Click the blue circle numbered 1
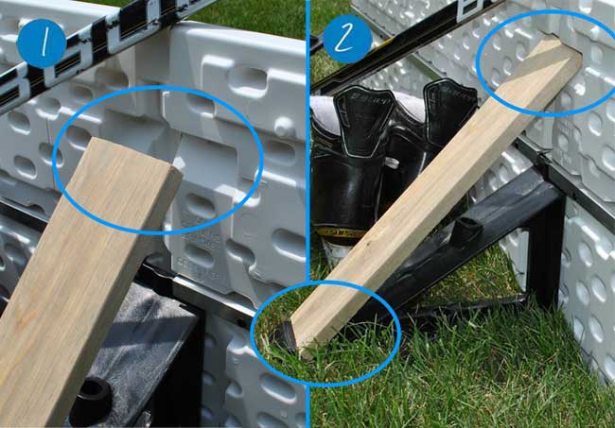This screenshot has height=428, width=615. click(x=41, y=43)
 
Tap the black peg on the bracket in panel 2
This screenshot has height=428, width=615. click(x=465, y=232)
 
